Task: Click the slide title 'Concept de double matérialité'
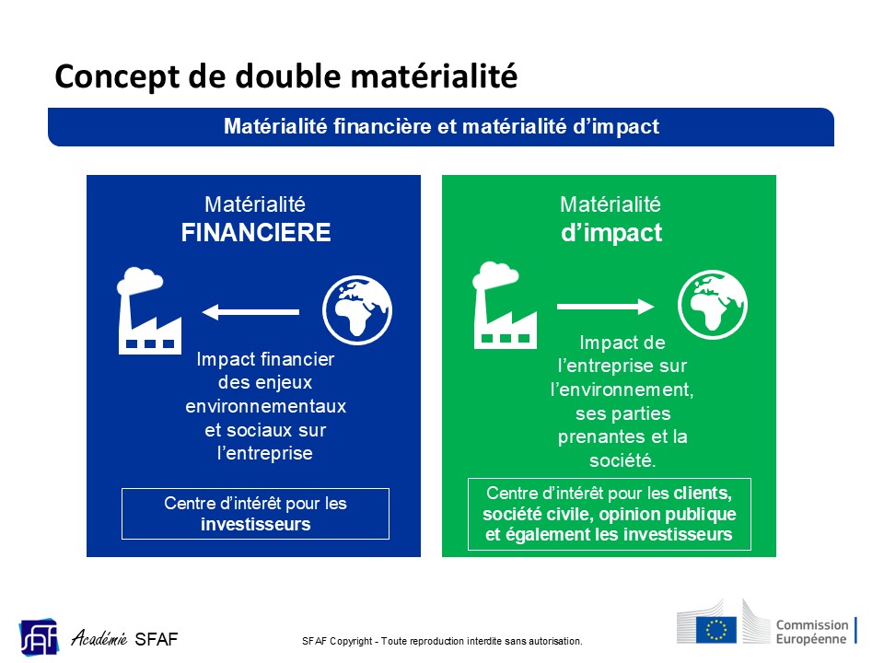285,77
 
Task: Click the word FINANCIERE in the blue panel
255,233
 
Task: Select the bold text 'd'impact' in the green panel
611,233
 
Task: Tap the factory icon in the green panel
504,305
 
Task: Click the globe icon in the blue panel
357,310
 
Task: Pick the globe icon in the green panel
713,305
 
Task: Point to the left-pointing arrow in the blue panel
250,312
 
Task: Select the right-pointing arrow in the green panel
606,306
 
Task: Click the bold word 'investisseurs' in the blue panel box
255,524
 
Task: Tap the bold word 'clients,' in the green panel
703,494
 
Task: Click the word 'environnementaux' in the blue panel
265,406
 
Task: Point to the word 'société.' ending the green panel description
622,460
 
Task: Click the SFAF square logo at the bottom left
40,637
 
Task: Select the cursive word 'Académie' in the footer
99,638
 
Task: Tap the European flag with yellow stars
716,629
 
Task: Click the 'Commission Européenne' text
812,632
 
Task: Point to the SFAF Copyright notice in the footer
442,641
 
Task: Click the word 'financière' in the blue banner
383,126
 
